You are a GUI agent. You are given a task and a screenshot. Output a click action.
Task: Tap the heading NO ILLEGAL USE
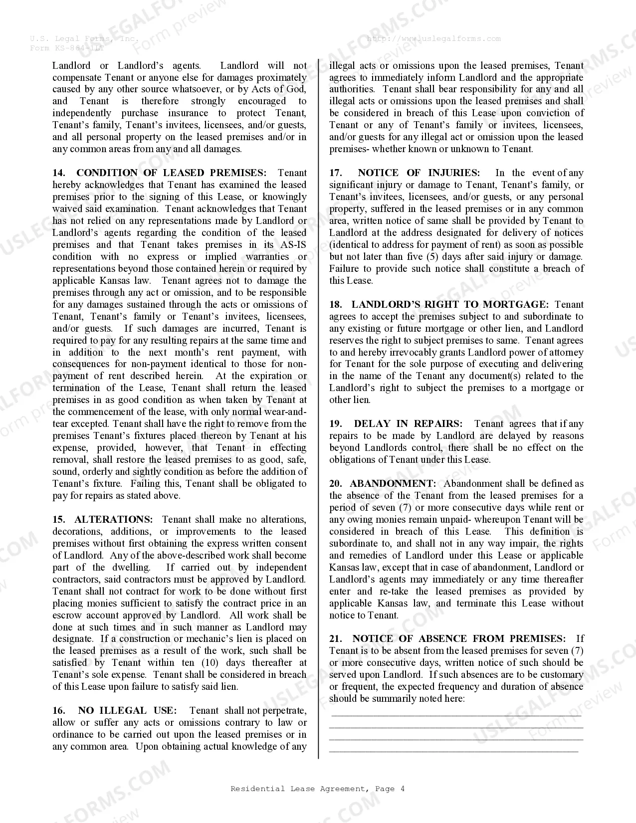127,711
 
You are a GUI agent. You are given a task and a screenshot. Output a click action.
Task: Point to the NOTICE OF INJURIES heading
419,173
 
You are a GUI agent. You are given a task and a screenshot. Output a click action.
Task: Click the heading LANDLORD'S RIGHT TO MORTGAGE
449,305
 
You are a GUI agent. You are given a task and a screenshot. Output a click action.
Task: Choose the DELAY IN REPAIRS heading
408,424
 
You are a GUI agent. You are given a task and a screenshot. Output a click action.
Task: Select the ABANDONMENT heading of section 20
393,484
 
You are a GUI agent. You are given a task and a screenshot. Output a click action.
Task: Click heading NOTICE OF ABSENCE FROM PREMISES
459,639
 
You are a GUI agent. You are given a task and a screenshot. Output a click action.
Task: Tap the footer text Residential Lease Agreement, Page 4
318,789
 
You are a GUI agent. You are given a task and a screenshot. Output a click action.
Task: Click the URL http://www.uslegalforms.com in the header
433,38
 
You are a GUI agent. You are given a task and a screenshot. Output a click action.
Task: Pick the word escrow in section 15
68,616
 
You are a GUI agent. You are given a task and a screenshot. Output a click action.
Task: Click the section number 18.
335,305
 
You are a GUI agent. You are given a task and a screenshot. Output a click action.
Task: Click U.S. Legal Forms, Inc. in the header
84,38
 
